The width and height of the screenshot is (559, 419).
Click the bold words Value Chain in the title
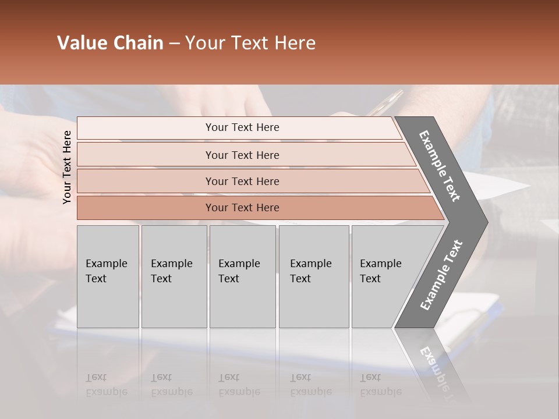click(110, 43)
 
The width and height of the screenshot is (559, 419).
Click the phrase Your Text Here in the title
click(250, 43)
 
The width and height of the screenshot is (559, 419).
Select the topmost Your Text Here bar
click(242, 127)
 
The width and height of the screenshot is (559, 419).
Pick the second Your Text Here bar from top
click(242, 155)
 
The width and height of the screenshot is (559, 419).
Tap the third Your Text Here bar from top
click(242, 181)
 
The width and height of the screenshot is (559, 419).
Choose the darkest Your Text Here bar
click(242, 208)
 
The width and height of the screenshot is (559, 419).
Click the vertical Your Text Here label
click(67, 167)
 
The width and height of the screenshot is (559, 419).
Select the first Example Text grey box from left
click(108, 276)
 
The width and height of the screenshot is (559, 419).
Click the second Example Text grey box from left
click(174, 276)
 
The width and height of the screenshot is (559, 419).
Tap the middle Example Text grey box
click(242, 276)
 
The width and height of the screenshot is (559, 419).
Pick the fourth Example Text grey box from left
click(313, 276)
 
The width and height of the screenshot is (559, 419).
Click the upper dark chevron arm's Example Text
click(440, 166)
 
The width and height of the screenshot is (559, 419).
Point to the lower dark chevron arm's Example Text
click(441, 275)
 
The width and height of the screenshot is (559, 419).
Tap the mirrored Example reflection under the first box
click(106, 391)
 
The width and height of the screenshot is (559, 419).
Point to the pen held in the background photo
click(384, 102)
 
